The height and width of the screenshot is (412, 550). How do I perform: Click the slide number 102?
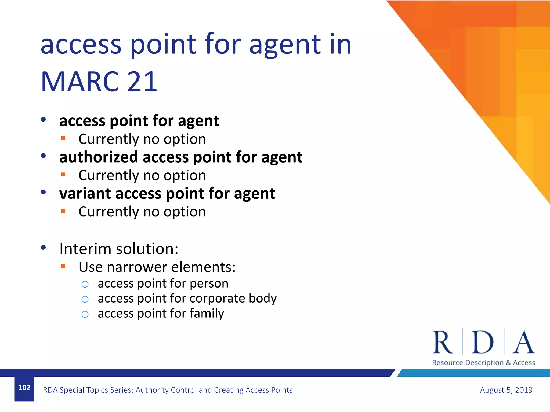pyautogui.click(x=24, y=388)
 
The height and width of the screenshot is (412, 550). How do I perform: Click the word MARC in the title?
pyautogui.click(x=80, y=82)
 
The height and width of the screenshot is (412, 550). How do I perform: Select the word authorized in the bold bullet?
pyautogui.click(x=99, y=157)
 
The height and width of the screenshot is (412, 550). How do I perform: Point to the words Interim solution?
pyautogui.click(x=119, y=249)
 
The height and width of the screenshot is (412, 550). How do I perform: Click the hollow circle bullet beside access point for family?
pyautogui.click(x=85, y=314)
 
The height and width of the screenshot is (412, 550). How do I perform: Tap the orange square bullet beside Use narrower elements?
pyautogui.click(x=63, y=266)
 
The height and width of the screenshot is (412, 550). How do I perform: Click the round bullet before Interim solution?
pyautogui.click(x=43, y=248)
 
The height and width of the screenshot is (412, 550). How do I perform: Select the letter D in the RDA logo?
pyautogui.click(x=483, y=343)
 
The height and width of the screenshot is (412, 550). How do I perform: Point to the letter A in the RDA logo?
pyautogui.click(x=523, y=343)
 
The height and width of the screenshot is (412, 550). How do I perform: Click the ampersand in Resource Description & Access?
pyautogui.click(x=508, y=363)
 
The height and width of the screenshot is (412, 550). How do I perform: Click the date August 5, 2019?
pyautogui.click(x=506, y=390)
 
